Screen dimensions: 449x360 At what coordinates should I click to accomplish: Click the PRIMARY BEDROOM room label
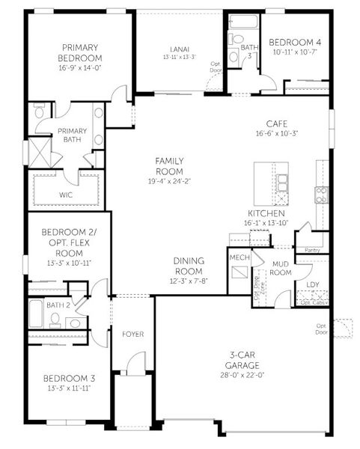(81, 52)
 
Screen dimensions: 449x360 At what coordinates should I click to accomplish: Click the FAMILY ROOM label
(169, 166)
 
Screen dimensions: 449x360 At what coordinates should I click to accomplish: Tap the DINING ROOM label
(189, 266)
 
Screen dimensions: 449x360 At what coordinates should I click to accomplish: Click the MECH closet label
(240, 257)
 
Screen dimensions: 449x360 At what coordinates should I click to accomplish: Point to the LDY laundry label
(312, 285)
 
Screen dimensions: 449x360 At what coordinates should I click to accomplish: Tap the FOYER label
(132, 334)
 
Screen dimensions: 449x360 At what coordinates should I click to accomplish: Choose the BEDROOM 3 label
(69, 378)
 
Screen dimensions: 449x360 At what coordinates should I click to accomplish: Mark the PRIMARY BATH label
(73, 135)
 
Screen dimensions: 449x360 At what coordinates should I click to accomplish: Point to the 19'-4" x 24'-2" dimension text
(169, 180)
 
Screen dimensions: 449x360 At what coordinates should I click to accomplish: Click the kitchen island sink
(282, 182)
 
